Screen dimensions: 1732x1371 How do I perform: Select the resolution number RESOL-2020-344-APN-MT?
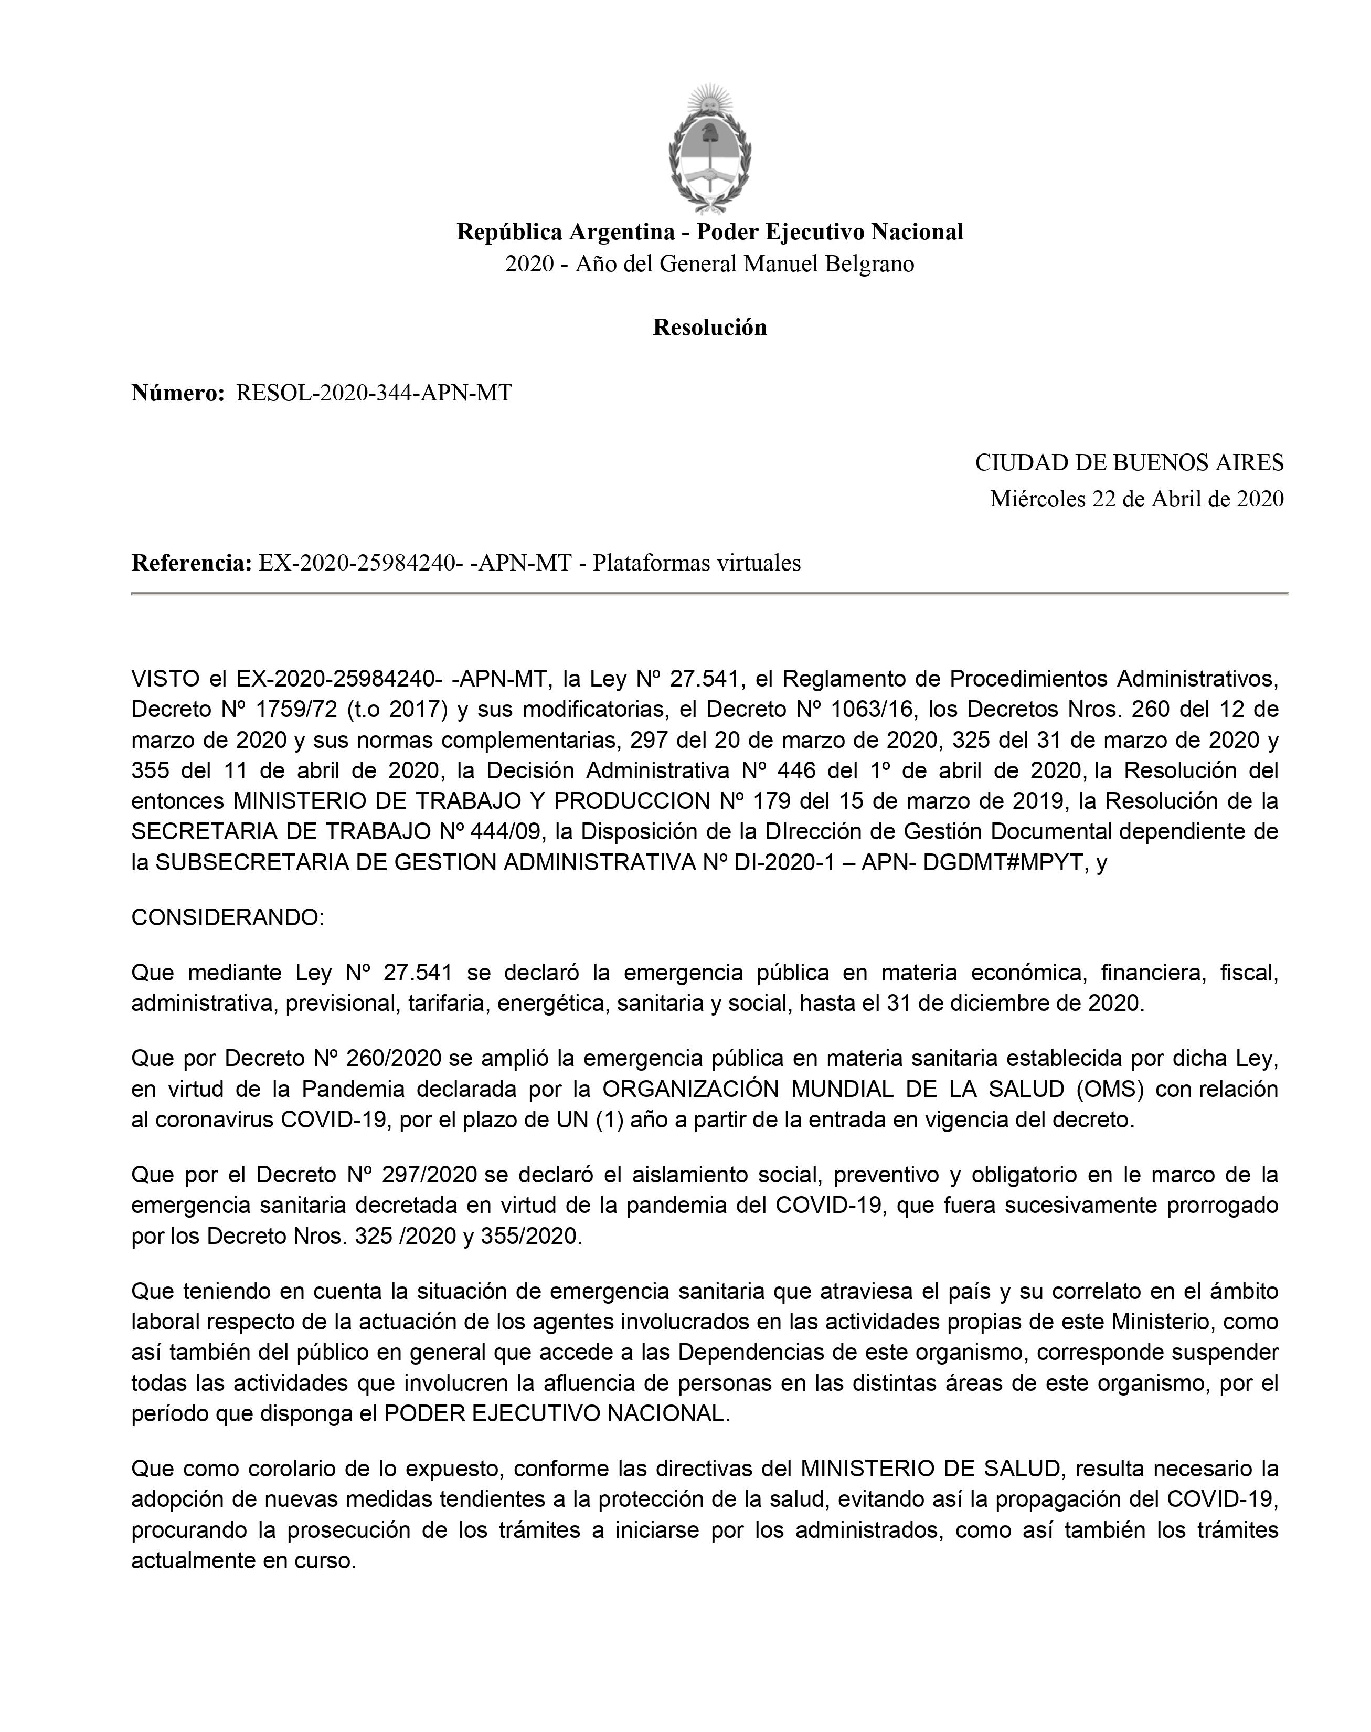coord(373,394)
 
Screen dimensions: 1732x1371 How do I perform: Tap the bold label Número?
coord(178,394)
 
